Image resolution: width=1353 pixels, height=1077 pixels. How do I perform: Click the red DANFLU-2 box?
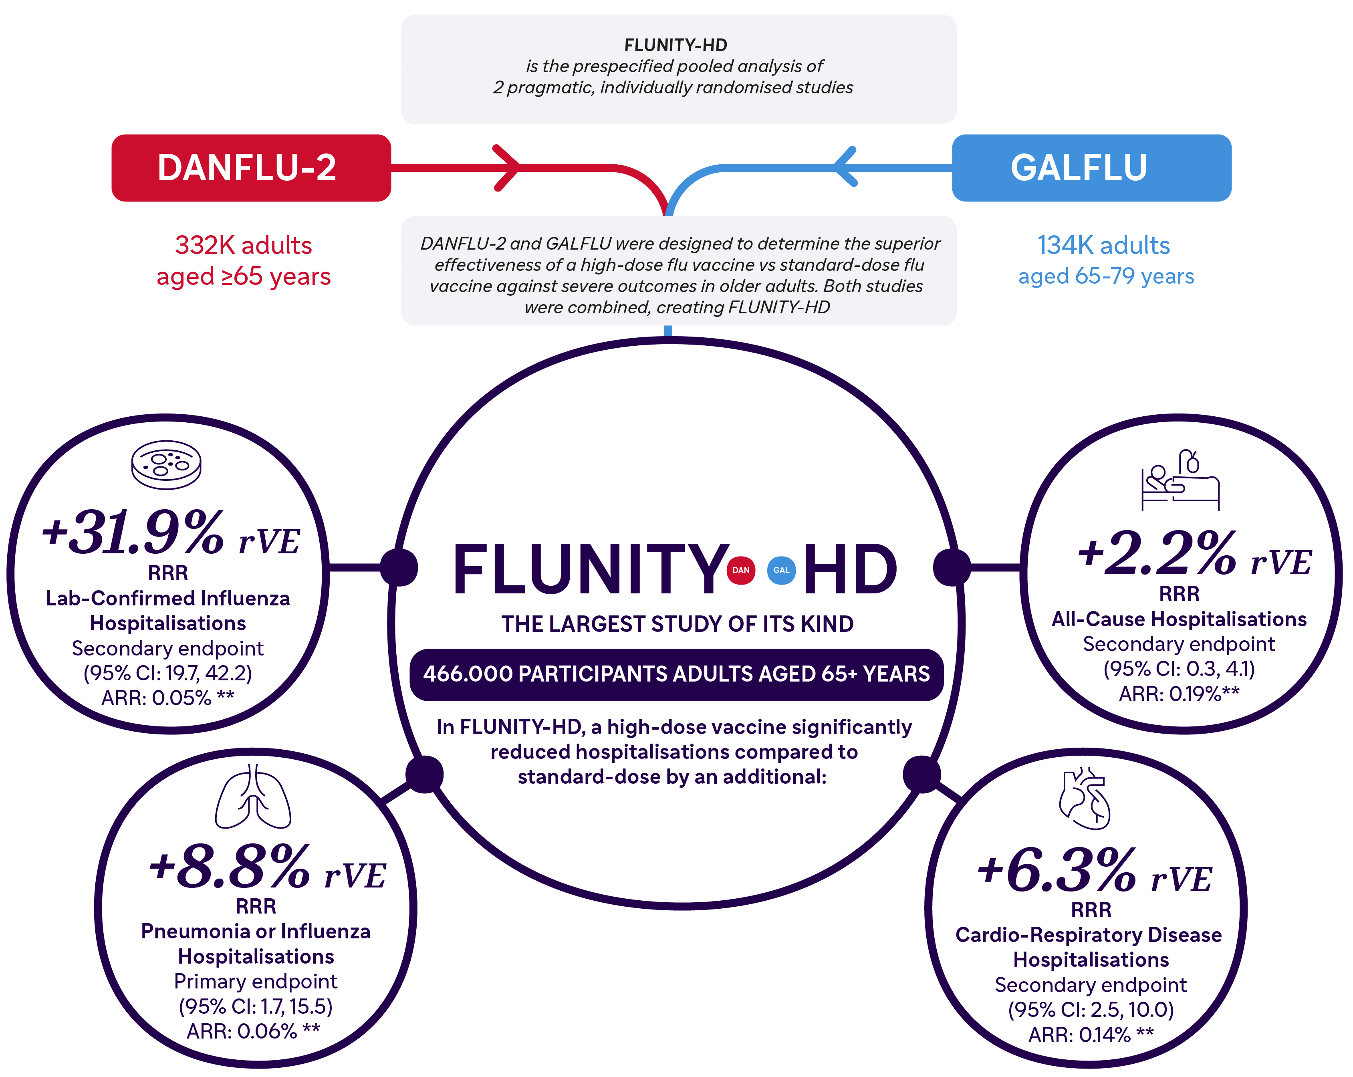(251, 167)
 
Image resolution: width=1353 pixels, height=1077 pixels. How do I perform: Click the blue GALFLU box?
(1091, 167)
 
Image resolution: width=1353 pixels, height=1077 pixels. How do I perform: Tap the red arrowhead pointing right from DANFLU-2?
(507, 167)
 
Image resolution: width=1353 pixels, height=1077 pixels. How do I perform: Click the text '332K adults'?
(244, 245)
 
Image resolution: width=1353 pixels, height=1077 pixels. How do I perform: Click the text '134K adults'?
(1103, 245)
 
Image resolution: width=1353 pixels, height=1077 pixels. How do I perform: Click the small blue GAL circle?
(781, 570)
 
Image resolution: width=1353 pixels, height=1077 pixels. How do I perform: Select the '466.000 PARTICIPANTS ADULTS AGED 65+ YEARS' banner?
(676, 674)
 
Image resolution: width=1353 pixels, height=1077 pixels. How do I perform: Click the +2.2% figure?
(1157, 554)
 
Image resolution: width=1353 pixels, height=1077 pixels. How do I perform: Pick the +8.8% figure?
(229, 868)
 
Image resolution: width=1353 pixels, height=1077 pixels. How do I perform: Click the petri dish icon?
(166, 464)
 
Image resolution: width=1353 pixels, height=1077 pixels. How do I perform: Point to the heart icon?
(1085, 799)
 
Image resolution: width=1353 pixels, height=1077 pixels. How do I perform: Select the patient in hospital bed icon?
(1180, 480)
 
